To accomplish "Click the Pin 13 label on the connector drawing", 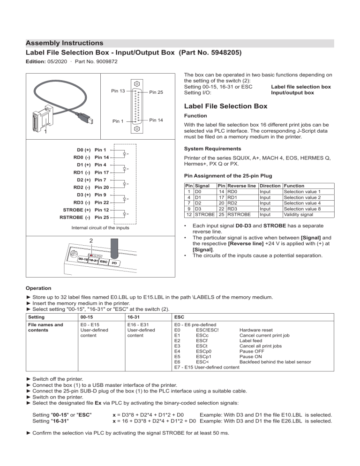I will pos(118,90).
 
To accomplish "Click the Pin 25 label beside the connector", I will pos(156,93).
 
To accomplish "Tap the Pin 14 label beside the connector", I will pos(156,120).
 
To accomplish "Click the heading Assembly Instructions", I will pos(65,43).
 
